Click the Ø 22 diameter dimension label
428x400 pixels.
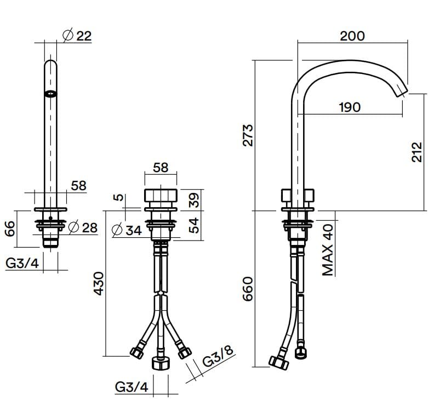tap(77, 36)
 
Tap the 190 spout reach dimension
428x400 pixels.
tap(349, 107)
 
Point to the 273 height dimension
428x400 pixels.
tap(248, 135)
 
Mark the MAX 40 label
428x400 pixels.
tap(328, 250)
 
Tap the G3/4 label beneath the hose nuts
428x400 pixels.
tap(132, 387)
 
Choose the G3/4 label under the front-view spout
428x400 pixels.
tap(22, 264)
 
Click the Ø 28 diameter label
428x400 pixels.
tap(83, 226)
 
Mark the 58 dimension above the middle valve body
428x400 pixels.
tap(161, 167)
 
